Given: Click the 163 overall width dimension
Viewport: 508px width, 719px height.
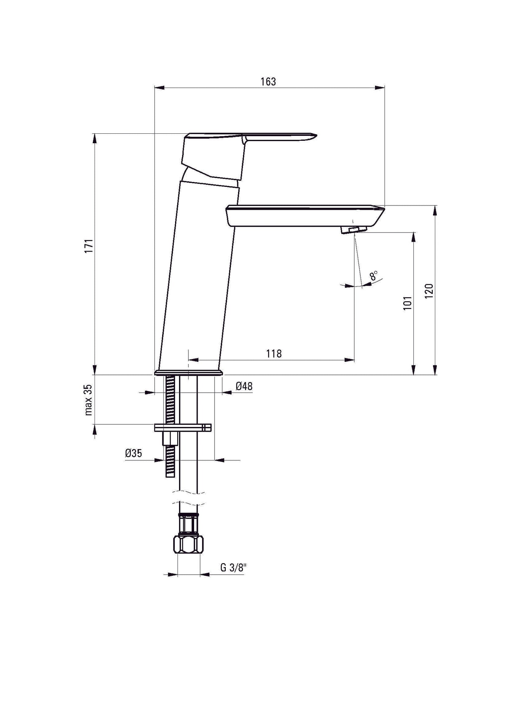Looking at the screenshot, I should coord(268,82).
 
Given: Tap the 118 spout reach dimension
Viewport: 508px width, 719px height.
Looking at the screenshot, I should coord(274,353).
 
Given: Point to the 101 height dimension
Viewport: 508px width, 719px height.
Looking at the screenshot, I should coord(407,303).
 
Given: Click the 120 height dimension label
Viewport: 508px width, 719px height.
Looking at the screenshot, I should coord(429,291).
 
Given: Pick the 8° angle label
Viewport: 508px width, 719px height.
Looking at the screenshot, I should coord(374,276).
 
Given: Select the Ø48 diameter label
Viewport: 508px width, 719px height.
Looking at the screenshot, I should coord(244,386).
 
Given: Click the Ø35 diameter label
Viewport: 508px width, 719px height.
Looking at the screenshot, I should coord(133,453).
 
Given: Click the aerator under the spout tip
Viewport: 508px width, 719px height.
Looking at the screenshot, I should coord(353,230).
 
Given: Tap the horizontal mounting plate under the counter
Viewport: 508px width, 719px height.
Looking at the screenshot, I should coord(183,427).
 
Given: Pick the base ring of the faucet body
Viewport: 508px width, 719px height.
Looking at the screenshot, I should coord(188,373).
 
